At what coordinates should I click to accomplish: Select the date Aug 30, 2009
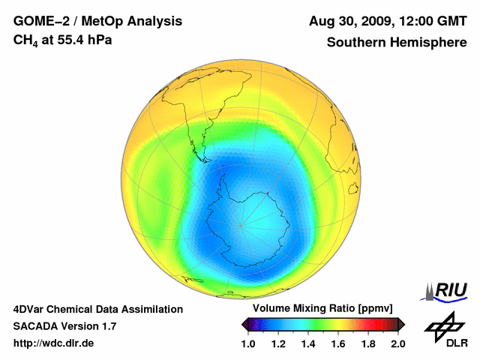(x=349, y=21)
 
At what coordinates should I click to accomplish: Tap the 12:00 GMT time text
(x=430, y=21)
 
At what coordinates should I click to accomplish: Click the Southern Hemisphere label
(x=397, y=43)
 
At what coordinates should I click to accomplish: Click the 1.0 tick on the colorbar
(x=248, y=343)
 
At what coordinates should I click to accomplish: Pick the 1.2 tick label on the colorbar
(x=278, y=343)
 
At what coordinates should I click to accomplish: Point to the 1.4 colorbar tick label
(x=308, y=343)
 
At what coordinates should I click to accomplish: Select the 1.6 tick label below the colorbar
(x=338, y=343)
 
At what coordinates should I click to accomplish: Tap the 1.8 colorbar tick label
(x=368, y=343)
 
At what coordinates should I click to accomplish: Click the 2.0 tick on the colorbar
(x=397, y=343)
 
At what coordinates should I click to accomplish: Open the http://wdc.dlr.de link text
(x=54, y=343)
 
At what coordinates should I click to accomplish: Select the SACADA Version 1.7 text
(x=64, y=326)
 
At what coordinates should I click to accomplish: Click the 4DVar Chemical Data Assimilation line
(x=97, y=309)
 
